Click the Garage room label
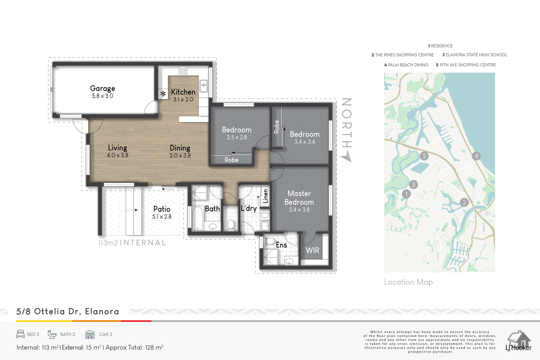103,88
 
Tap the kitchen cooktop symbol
183,70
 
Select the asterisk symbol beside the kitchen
163,94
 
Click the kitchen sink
204,86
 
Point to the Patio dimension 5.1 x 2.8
162,217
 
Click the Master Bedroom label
299,198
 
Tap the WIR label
313,250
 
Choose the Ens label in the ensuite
281,245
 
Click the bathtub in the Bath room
198,218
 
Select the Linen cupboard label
265,196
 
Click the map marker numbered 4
476,156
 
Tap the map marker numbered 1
406,194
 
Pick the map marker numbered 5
424,156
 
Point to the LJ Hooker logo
518,341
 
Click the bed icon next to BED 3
21,334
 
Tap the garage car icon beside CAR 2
90,334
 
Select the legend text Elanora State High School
476,55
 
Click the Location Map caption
408,282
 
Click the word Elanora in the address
102,311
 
